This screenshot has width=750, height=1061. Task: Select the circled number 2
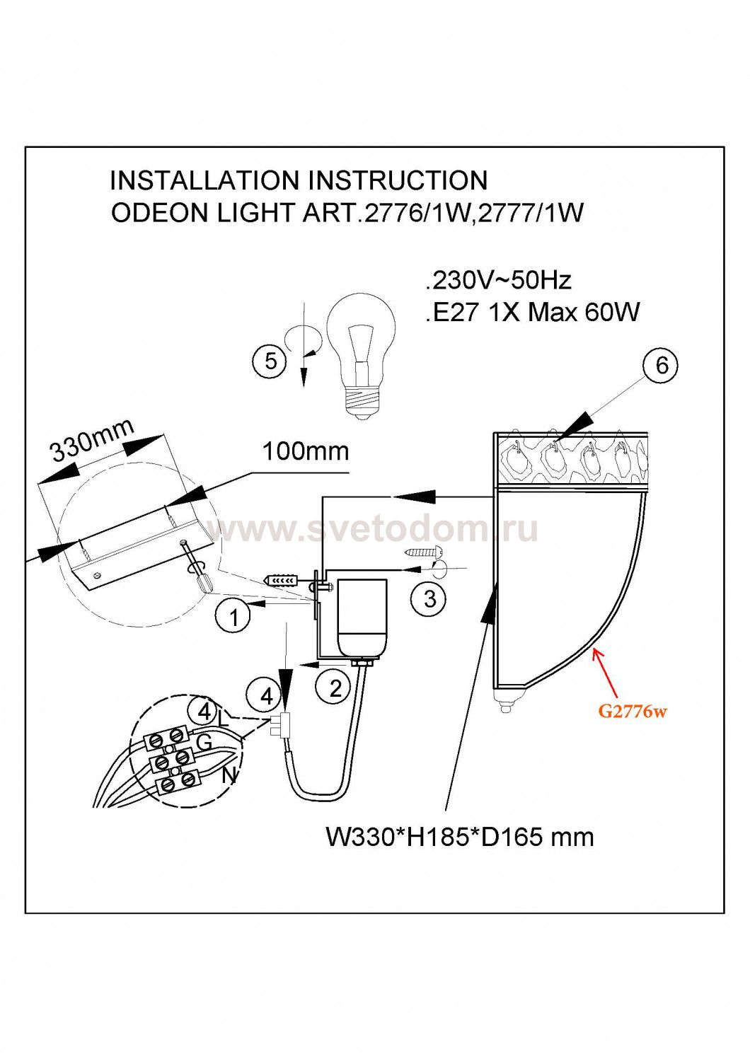click(335, 688)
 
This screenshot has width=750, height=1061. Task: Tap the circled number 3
click(429, 598)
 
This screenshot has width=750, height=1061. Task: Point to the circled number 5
click(270, 362)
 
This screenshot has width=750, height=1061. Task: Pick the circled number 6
click(661, 365)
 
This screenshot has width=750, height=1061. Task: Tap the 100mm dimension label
click(306, 451)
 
